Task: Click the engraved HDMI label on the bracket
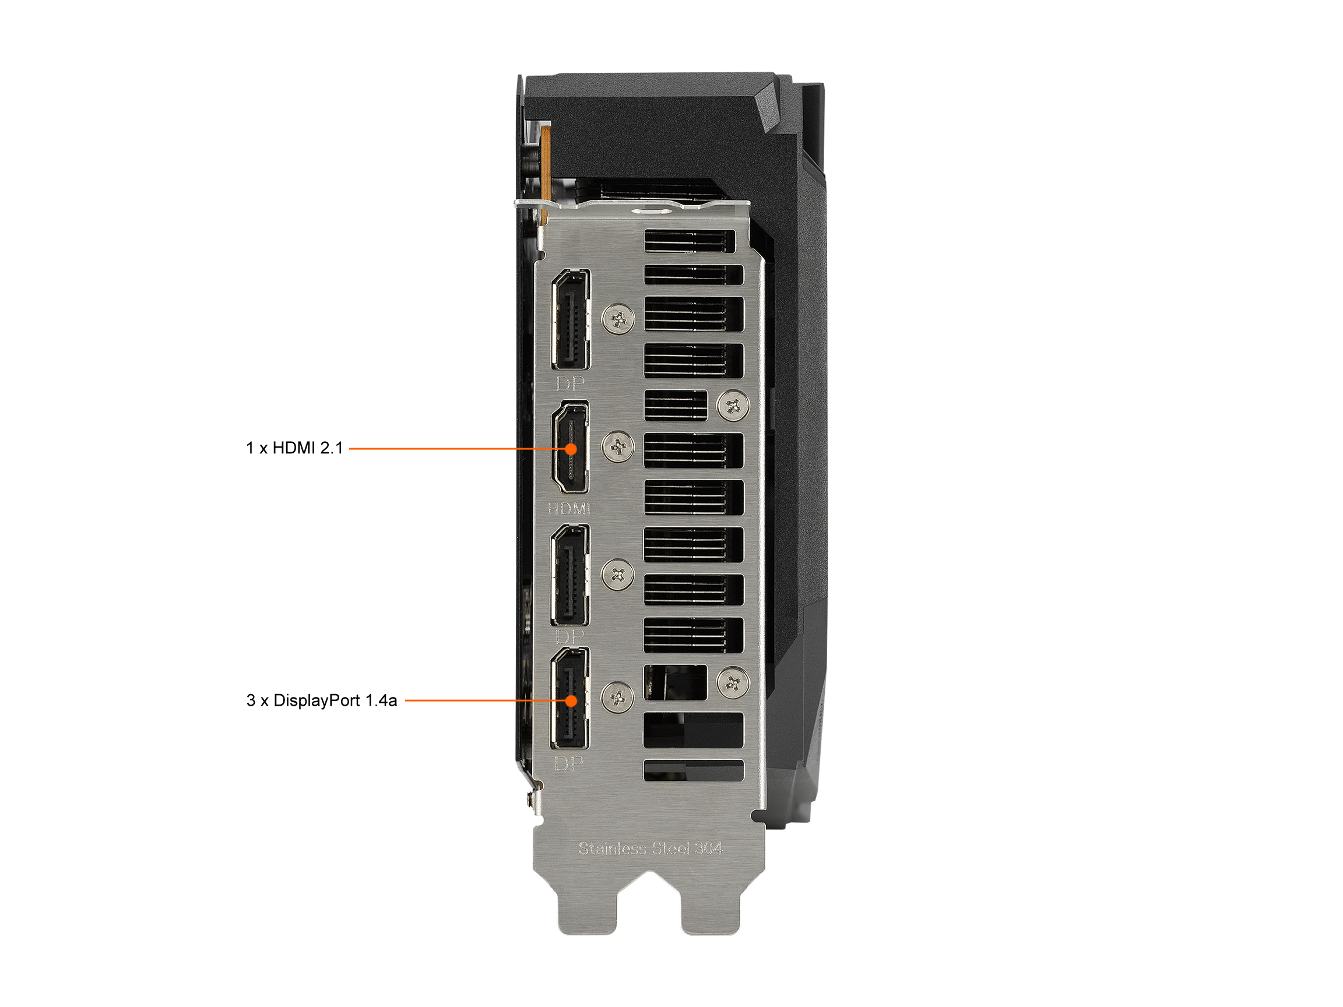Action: point(569,509)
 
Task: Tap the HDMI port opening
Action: point(570,448)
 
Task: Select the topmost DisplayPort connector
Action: point(570,319)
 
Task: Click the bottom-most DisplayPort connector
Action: point(569,698)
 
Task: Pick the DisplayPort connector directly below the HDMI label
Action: point(569,575)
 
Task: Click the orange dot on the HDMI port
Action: point(571,449)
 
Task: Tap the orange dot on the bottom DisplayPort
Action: point(571,700)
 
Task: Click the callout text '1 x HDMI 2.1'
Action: point(294,448)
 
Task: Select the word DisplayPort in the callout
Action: point(317,700)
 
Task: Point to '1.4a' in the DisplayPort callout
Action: point(381,700)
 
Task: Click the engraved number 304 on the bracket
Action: point(709,848)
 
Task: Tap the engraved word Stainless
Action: point(612,848)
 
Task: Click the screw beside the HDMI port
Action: point(618,448)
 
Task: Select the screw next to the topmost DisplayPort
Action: point(618,319)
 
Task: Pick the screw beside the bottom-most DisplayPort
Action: point(617,698)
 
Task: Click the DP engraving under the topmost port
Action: point(570,383)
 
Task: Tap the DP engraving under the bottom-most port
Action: point(569,763)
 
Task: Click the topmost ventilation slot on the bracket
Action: point(690,241)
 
